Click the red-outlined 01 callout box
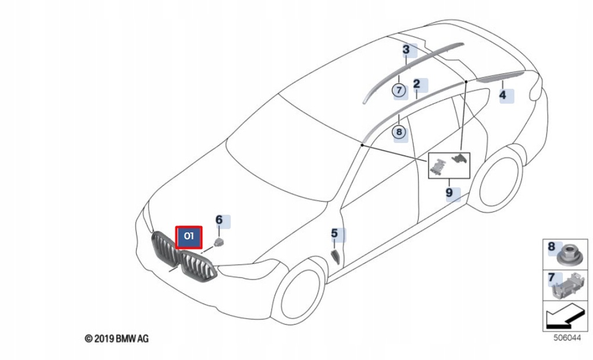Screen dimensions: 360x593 (189, 237)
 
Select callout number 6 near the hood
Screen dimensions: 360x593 (219, 220)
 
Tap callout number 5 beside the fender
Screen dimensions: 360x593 (335, 234)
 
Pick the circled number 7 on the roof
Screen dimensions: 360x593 (399, 90)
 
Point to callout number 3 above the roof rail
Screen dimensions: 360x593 (407, 50)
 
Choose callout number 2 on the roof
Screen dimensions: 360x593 (416, 85)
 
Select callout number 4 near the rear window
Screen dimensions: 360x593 (503, 95)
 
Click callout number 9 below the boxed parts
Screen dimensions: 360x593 (449, 192)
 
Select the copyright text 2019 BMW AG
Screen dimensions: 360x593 (116, 338)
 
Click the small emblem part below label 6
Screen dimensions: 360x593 (219, 241)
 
